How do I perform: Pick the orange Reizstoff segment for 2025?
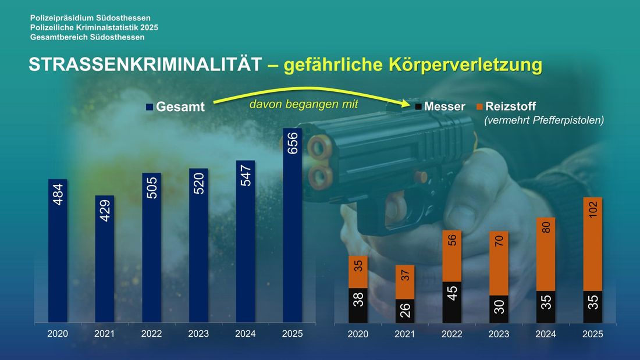tap(593, 244)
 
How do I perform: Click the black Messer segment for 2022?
tap(452, 302)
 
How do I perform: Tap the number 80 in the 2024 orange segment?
tap(546, 227)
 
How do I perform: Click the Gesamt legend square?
tap(149, 107)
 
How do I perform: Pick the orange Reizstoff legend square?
tap(479, 107)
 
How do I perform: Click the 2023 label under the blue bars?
tap(198, 334)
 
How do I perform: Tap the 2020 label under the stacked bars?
tap(358, 334)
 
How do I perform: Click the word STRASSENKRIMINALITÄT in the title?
tap(144, 65)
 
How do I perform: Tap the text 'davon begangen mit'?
tap(303, 104)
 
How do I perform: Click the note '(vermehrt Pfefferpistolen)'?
tap(544, 120)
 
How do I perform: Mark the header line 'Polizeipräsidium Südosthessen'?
tap(90, 19)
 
